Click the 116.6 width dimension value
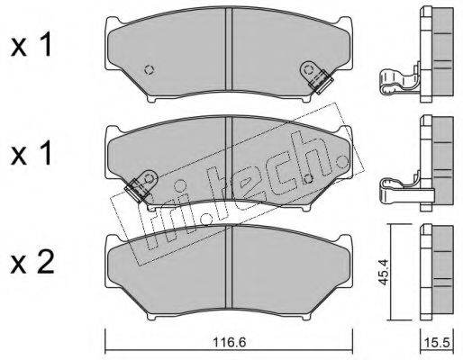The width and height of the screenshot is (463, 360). click(229, 342)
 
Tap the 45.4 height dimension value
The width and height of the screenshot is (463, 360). click(383, 272)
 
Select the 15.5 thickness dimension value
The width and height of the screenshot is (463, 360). click(437, 343)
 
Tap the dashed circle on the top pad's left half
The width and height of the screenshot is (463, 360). click(149, 70)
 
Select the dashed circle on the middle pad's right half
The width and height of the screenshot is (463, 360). click(308, 179)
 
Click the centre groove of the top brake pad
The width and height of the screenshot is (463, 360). click(229, 49)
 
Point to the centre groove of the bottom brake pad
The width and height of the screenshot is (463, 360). click(229, 266)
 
